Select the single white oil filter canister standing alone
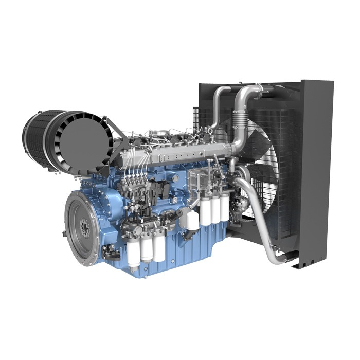(x=193, y=220)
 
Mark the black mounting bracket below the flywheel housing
(x=111, y=252)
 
